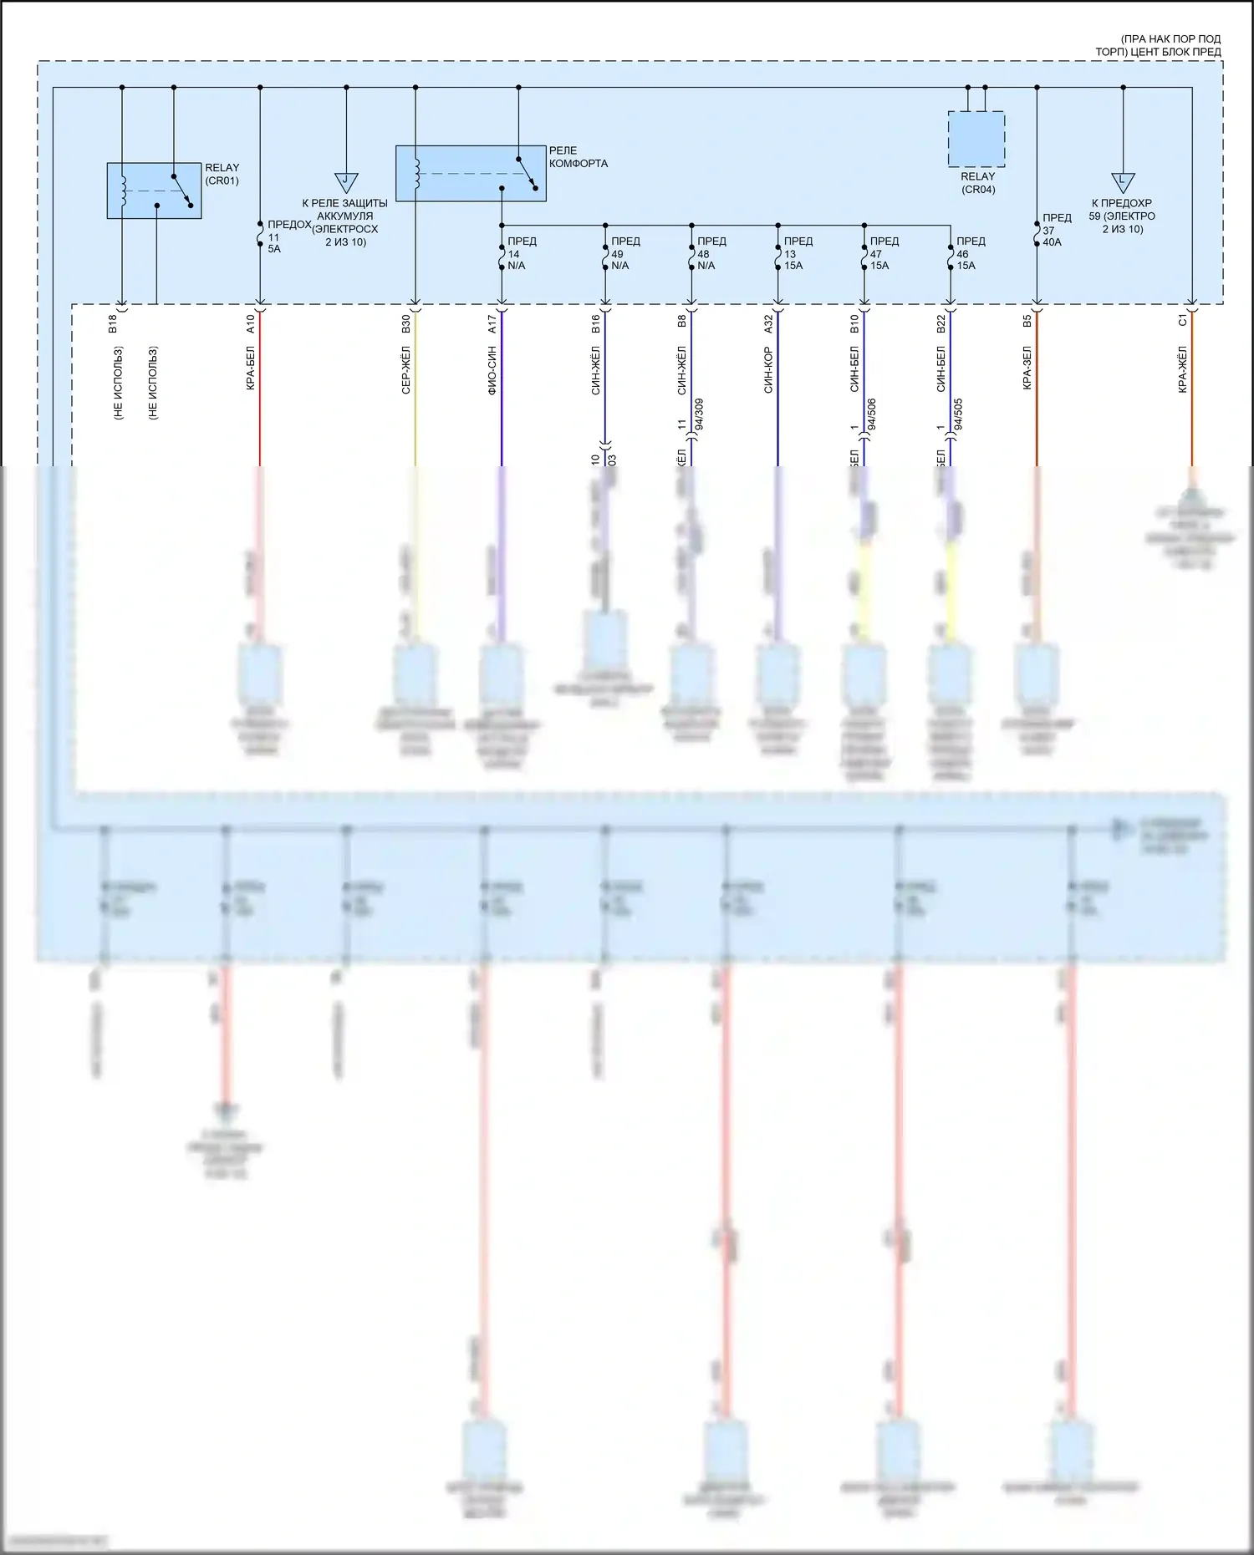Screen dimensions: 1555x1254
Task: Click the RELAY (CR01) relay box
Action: [154, 191]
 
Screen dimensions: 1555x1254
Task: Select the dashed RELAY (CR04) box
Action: [976, 139]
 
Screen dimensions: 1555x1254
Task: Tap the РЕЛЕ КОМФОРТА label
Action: [578, 157]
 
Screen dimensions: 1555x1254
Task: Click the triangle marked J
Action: [346, 181]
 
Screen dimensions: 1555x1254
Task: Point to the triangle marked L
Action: [1122, 181]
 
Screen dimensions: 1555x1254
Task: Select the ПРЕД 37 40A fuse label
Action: [1055, 230]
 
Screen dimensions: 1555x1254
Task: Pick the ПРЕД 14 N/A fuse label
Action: [521, 253]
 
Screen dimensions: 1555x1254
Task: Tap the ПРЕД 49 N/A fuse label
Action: [624, 253]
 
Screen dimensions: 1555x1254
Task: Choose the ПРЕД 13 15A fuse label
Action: [797, 253]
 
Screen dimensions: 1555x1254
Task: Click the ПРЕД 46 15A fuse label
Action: [970, 253]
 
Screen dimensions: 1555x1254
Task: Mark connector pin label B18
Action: [113, 323]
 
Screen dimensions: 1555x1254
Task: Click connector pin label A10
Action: [250, 323]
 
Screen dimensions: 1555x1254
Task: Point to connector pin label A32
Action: [768, 323]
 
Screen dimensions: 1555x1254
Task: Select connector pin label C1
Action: [1182, 320]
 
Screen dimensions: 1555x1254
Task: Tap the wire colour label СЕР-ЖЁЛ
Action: [405, 369]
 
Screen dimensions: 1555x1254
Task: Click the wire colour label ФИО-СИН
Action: [492, 369]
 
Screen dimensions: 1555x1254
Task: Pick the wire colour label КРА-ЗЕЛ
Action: [1027, 368]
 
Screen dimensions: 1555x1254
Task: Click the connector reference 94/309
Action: [699, 414]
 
